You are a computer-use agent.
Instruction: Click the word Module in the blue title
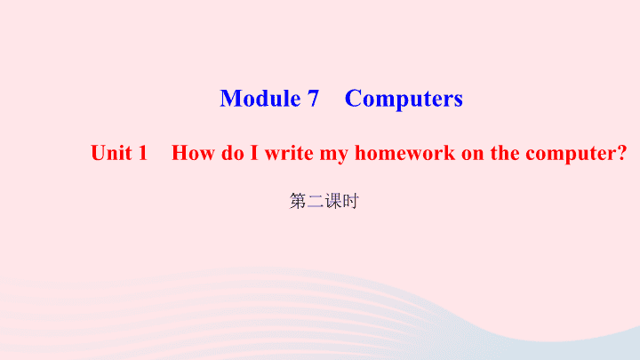[260, 99]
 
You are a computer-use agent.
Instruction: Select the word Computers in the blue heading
[404, 100]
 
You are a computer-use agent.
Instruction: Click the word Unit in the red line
[111, 153]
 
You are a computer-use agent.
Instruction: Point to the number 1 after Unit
[142, 153]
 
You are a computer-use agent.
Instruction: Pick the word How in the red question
[193, 153]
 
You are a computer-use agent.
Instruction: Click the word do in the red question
[233, 153]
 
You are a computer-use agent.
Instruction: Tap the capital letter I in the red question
[254, 153]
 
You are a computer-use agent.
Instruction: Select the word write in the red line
[289, 153]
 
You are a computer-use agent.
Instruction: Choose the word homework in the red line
[405, 153]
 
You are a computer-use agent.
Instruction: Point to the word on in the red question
[473, 155]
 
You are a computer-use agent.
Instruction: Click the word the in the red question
[505, 153]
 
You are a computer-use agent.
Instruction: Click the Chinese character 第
[298, 201]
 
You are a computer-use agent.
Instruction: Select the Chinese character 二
[316, 201]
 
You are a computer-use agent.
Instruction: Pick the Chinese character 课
[333, 201]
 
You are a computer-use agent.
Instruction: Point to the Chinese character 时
[350, 201]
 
